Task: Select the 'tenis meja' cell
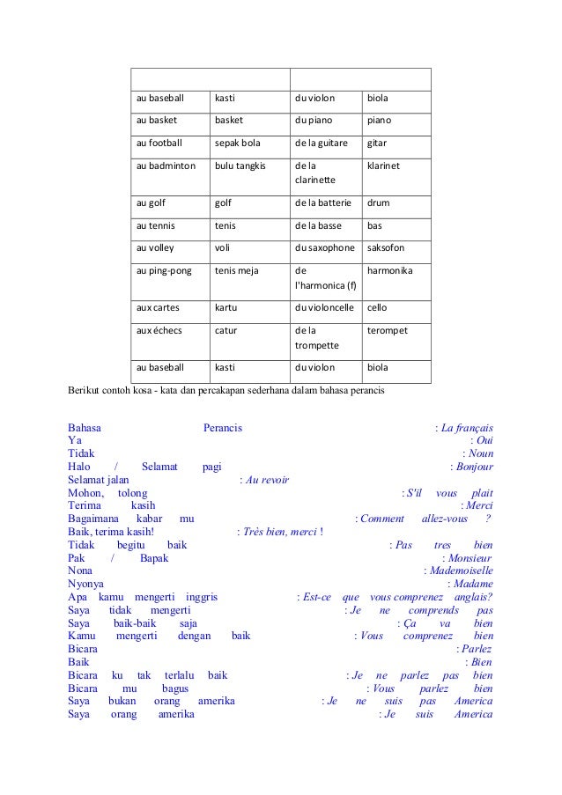237,271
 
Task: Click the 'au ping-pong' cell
163,271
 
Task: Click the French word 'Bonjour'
474,467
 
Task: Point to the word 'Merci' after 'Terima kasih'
479,505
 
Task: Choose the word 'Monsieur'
470,558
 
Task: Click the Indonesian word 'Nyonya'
85,584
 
